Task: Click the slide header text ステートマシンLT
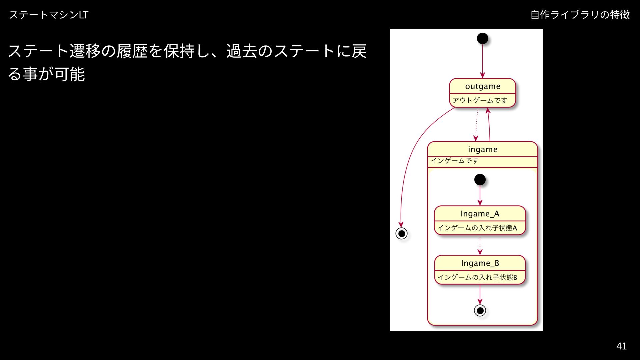point(49,15)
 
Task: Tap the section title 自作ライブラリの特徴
point(580,15)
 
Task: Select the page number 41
point(621,346)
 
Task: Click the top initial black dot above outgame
point(482,38)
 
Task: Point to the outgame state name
point(482,86)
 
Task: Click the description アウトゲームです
point(480,100)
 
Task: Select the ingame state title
point(482,149)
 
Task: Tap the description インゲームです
point(454,161)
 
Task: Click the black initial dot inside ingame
point(480,180)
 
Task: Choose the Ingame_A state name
point(480,214)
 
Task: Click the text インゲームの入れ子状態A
point(477,228)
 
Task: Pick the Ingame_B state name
point(480,263)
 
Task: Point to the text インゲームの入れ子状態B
point(477,277)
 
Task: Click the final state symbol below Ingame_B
point(480,310)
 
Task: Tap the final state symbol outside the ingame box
point(401,233)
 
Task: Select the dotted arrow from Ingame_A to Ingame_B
point(480,245)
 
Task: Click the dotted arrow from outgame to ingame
point(477,124)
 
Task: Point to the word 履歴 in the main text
point(132,51)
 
